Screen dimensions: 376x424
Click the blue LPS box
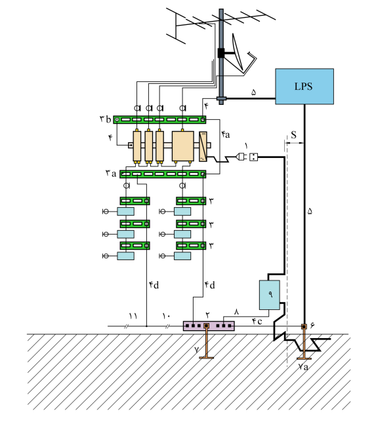[x=304, y=87]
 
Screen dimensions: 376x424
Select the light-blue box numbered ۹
[x=269, y=295]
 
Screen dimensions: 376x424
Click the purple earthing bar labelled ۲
[x=209, y=326]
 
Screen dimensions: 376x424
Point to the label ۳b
[x=105, y=119]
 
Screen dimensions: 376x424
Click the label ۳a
[x=111, y=173]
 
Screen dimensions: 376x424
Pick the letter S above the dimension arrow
[x=294, y=134]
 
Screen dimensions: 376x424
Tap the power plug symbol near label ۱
[x=241, y=156]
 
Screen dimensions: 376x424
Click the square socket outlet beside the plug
[x=254, y=157]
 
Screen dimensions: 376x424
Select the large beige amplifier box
[x=182, y=146]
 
